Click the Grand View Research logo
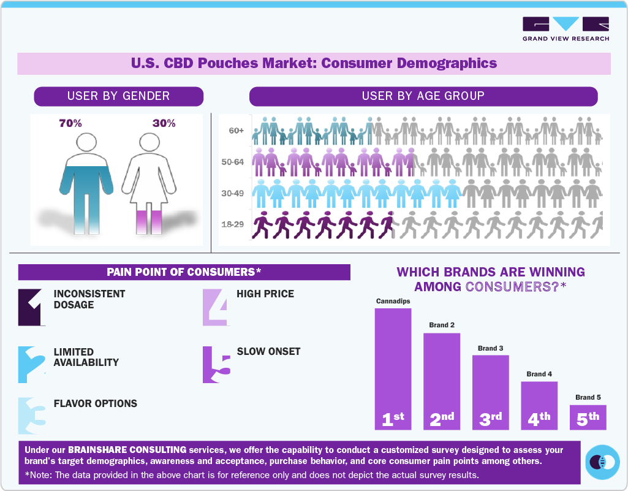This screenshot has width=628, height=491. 566,29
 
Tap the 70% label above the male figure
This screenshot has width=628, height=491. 70,123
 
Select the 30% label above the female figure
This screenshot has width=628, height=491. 164,123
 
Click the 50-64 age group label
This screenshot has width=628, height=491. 233,162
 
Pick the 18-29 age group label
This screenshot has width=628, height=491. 233,224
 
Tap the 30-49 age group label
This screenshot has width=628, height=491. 233,193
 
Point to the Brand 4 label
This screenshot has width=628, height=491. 539,374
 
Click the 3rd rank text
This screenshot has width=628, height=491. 490,419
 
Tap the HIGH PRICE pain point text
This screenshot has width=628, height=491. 265,294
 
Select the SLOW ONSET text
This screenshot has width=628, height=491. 268,351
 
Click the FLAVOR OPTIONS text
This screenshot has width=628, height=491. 96,403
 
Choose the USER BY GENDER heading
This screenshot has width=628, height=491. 118,96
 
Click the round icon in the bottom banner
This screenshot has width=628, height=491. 602,461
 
